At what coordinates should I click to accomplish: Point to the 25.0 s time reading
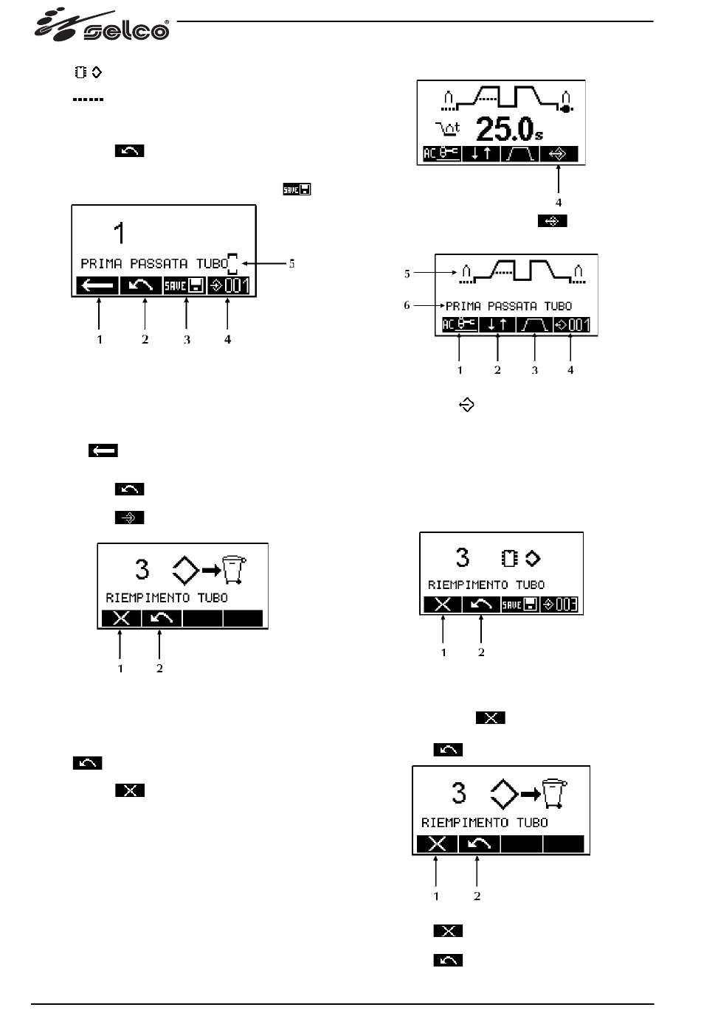point(508,129)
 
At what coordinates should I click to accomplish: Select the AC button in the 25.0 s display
point(441,154)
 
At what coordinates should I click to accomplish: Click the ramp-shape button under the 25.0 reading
point(519,154)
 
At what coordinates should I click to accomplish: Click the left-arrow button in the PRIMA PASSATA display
point(97,286)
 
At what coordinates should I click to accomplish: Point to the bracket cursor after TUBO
point(233,262)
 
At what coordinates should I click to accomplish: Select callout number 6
point(407,304)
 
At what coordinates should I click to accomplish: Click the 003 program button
point(559,605)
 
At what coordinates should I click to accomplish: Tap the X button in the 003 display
point(443,605)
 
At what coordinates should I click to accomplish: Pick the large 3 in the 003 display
point(462,557)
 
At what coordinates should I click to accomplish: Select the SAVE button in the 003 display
point(519,605)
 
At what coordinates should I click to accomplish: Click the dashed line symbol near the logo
point(88,99)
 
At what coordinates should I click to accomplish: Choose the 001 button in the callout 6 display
point(571,324)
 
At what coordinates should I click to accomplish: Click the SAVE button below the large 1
point(184,286)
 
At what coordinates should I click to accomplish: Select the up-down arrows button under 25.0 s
point(480,154)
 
